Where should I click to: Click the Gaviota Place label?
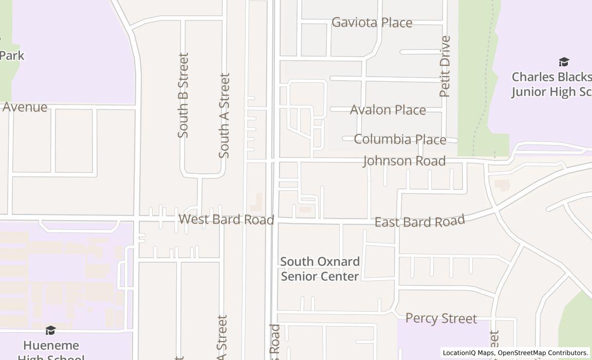pyautogui.click(x=372, y=23)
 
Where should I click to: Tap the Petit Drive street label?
pyautogui.click(x=445, y=66)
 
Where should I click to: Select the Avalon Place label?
pyautogui.click(x=387, y=110)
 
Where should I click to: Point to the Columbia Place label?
pyautogui.click(x=400, y=139)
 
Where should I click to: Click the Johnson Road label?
pyautogui.click(x=404, y=161)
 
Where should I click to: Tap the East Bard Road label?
pyautogui.click(x=419, y=222)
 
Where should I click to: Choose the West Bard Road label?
pyautogui.click(x=226, y=220)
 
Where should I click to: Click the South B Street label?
pyautogui.click(x=183, y=95)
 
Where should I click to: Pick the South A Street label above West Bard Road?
pyautogui.click(x=224, y=115)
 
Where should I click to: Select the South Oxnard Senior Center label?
pyautogui.click(x=319, y=269)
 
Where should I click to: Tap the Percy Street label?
pyautogui.click(x=441, y=318)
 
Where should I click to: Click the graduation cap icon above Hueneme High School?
pyautogui.click(x=50, y=330)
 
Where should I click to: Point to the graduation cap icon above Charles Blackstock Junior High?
pyautogui.click(x=564, y=62)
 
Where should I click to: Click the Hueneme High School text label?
pyautogui.click(x=51, y=350)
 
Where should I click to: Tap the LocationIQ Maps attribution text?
pyautogui.click(x=468, y=353)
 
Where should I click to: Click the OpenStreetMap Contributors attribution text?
pyautogui.click(x=543, y=353)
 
